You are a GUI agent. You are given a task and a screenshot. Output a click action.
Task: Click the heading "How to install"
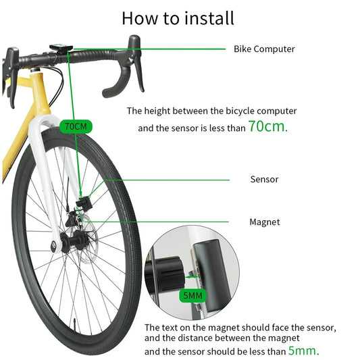pos(178,18)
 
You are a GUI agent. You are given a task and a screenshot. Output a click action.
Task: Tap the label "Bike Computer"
pos(264,49)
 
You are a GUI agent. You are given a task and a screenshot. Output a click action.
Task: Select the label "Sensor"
pos(264,179)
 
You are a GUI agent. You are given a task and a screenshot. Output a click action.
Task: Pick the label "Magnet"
pos(264,222)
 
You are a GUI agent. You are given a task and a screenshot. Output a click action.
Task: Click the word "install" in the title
pos(210,18)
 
